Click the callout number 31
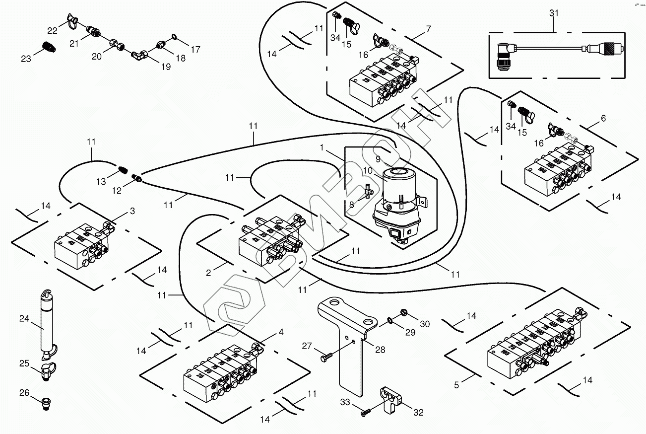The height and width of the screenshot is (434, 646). (554, 13)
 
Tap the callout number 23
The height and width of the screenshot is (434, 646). (26, 59)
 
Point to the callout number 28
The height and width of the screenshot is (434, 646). (380, 350)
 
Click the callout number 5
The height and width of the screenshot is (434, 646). (457, 383)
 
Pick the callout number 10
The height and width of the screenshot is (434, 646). (368, 170)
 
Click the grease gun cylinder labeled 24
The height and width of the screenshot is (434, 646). (48, 318)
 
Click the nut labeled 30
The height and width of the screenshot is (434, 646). (404, 313)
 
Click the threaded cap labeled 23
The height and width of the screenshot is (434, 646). (49, 48)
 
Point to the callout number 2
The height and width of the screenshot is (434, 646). (209, 272)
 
